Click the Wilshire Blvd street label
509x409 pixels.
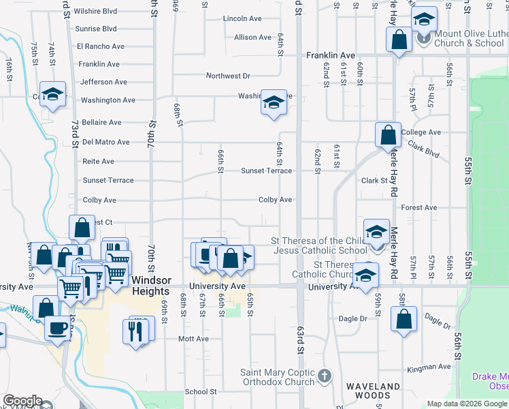pyautogui.click(x=96, y=12)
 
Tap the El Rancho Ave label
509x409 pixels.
pyautogui.click(x=100, y=46)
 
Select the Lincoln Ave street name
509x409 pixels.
pyautogui.click(x=242, y=18)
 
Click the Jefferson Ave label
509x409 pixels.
pyautogui.click(x=103, y=82)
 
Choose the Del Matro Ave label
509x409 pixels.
pyautogui.click(x=105, y=142)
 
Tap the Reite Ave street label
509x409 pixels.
pyautogui.click(x=98, y=162)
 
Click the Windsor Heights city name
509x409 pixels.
pyautogui.click(x=150, y=286)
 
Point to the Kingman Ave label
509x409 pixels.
pyautogui.click(x=429, y=368)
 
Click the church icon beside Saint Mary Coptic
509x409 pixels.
pyautogui.click(x=325, y=375)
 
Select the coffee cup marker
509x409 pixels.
pyautogui.click(x=56, y=328)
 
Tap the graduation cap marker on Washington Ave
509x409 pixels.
pyautogui.click(x=274, y=103)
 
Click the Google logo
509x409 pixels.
pyautogui.click(x=23, y=402)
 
